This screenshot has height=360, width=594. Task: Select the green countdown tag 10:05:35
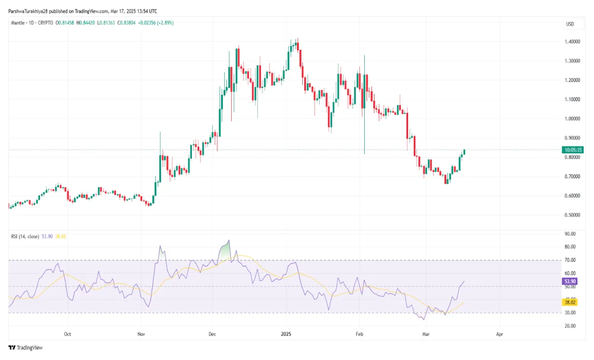572,150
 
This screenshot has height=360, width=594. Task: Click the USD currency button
569,24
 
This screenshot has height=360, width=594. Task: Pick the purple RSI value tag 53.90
569,281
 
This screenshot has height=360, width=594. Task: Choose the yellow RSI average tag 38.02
569,302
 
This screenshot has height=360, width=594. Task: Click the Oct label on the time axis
68,334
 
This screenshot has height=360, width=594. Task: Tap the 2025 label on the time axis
286,334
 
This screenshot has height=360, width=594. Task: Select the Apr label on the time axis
499,334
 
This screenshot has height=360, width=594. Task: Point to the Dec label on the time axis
212,334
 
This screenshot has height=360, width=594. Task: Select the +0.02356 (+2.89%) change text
155,23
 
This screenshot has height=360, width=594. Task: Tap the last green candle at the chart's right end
464,152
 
